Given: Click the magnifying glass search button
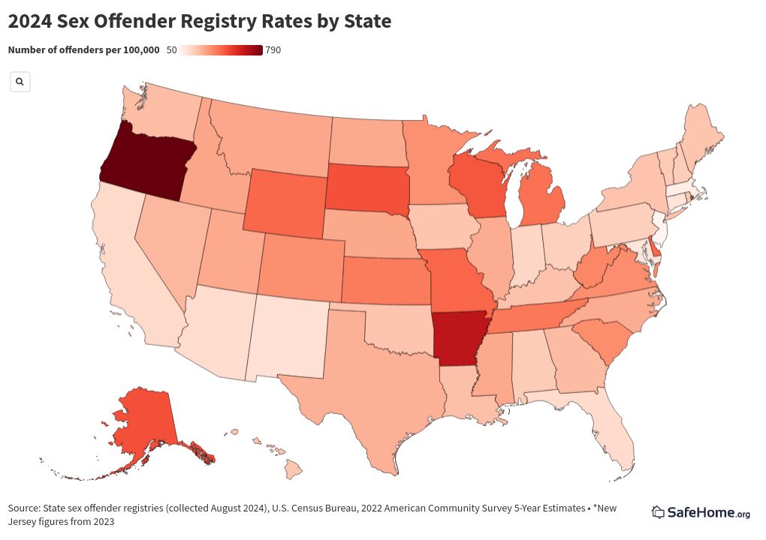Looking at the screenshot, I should point(20,81).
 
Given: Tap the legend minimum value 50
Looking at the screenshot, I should point(171,50).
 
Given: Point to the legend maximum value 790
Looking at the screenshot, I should point(273,50).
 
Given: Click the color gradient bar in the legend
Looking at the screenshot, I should point(222,50).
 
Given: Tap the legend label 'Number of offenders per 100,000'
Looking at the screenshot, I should point(83,50).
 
